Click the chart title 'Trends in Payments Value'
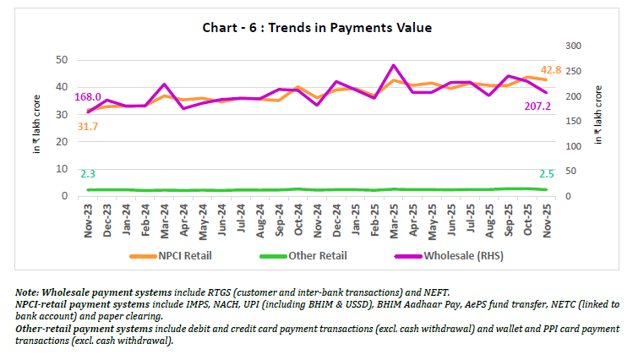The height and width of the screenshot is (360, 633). coord(317,28)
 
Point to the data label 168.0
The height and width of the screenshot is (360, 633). coord(88,96)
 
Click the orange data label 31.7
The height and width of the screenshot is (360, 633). coord(88,126)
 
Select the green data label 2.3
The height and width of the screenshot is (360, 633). coord(88,173)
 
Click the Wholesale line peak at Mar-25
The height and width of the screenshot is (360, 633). coord(394,65)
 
